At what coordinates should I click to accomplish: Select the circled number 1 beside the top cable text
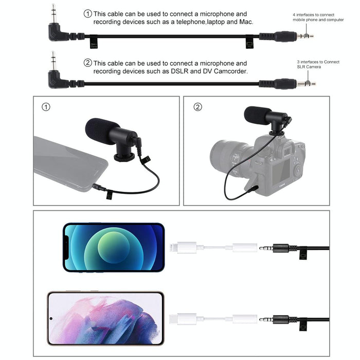pos(87,13)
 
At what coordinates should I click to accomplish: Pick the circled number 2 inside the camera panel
pos(198,107)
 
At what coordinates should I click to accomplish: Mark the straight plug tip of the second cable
pos(310,83)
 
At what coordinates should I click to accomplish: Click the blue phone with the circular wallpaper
pos(114,247)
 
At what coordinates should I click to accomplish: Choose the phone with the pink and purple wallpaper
pos(105,318)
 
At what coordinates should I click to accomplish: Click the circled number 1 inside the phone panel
pos(46,107)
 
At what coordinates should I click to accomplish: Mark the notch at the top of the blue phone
pos(66,247)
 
